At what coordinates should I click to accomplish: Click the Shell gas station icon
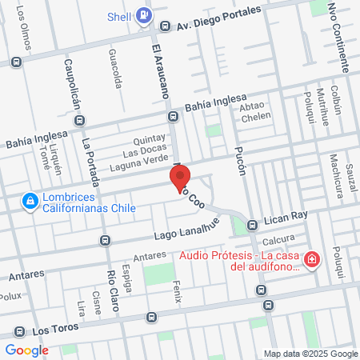tap(144, 14)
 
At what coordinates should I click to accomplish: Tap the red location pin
tap(179, 178)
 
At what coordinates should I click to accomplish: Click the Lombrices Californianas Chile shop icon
tap(30, 201)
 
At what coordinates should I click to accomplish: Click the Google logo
tap(27, 350)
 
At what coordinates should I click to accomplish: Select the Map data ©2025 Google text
tap(312, 354)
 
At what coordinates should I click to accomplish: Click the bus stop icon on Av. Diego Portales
tap(165, 26)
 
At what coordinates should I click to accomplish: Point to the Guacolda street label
tap(118, 67)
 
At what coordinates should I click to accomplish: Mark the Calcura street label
tap(279, 239)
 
